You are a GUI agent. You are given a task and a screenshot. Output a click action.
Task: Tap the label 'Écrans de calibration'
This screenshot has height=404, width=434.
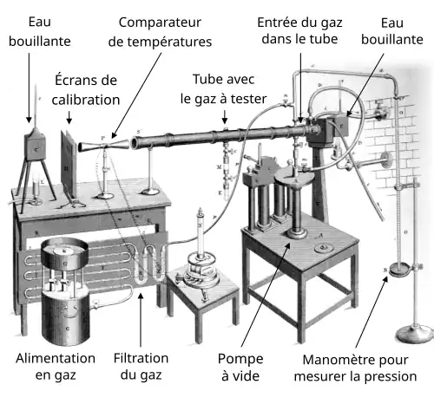[x=85, y=90]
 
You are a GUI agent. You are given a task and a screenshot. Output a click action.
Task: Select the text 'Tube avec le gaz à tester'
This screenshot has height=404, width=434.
[x=223, y=88]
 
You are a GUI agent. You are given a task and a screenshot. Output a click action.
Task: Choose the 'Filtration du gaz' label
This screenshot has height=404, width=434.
[x=141, y=367]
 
